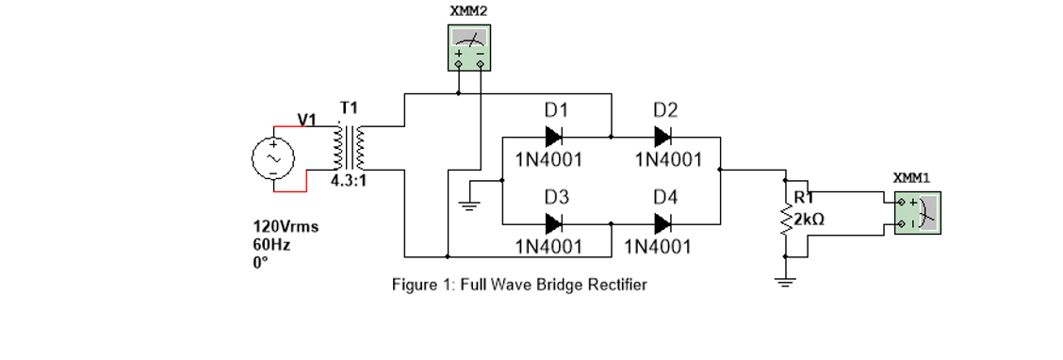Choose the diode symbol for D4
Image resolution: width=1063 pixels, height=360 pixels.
click(x=664, y=224)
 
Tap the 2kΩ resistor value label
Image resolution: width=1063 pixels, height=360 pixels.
click(x=810, y=219)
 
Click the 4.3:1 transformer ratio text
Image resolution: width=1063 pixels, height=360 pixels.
click(x=347, y=182)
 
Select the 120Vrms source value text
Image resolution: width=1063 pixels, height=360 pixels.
click(x=286, y=227)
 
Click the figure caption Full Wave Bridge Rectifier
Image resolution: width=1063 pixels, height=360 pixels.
click(x=519, y=285)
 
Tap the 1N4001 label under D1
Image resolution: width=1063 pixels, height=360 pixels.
click(x=548, y=159)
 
